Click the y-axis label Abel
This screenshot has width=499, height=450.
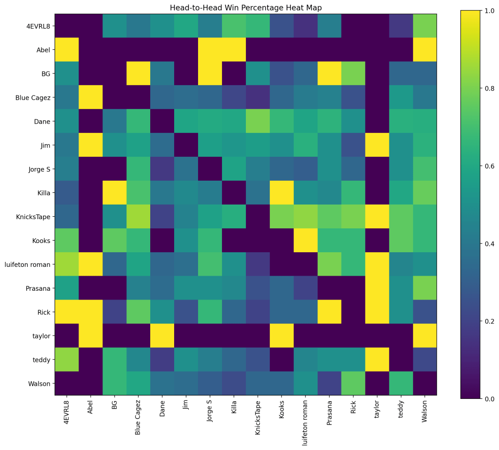41,50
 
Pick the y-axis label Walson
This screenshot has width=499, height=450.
39,383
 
